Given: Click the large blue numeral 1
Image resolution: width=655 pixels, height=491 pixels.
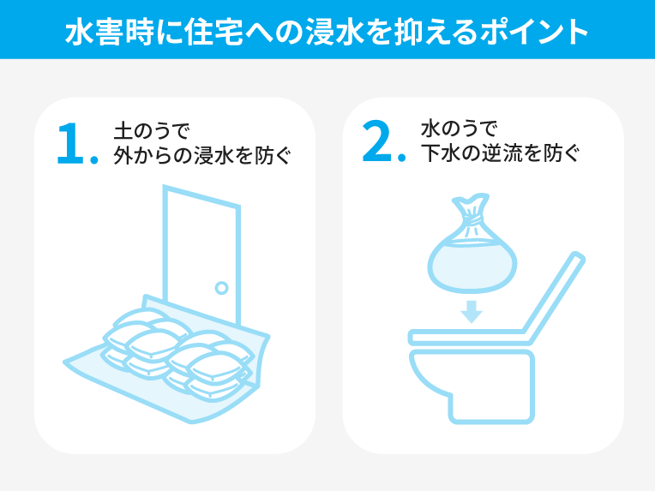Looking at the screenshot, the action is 70,143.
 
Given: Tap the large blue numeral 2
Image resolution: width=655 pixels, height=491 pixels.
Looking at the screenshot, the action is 376,141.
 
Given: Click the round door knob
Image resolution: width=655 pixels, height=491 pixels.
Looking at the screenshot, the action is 221,288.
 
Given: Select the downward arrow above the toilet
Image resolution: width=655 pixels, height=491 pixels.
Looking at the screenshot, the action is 472,311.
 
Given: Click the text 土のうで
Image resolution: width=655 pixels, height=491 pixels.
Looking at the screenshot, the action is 152,131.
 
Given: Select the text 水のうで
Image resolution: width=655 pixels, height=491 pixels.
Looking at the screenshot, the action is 459,129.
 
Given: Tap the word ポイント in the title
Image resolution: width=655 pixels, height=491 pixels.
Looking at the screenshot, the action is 534,33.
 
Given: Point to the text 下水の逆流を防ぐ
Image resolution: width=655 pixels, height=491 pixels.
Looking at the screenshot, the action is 500,153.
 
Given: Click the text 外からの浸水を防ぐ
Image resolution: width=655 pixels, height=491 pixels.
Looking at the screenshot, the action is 202,156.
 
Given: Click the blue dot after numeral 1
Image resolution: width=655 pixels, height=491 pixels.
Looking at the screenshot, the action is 94,159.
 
